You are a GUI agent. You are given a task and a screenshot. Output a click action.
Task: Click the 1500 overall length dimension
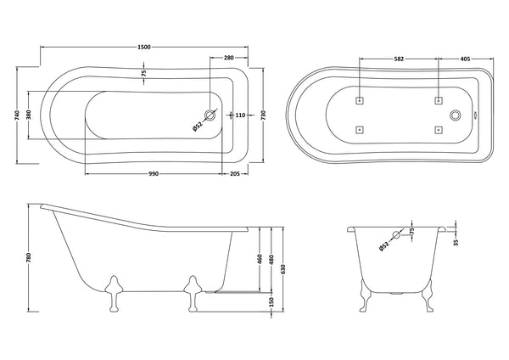[x=144, y=47]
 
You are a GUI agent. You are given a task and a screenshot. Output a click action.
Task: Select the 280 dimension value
[x=228, y=58]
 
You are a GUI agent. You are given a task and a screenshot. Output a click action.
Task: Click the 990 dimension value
[x=154, y=173]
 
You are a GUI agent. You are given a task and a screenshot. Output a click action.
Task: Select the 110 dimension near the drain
[x=239, y=115]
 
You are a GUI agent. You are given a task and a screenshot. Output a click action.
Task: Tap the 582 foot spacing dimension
[x=398, y=58]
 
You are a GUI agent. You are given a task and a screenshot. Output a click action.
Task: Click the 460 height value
[x=258, y=257]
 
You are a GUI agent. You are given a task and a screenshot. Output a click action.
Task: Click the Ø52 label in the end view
[x=385, y=245]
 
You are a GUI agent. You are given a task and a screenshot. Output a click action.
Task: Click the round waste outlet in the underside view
[x=456, y=115]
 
